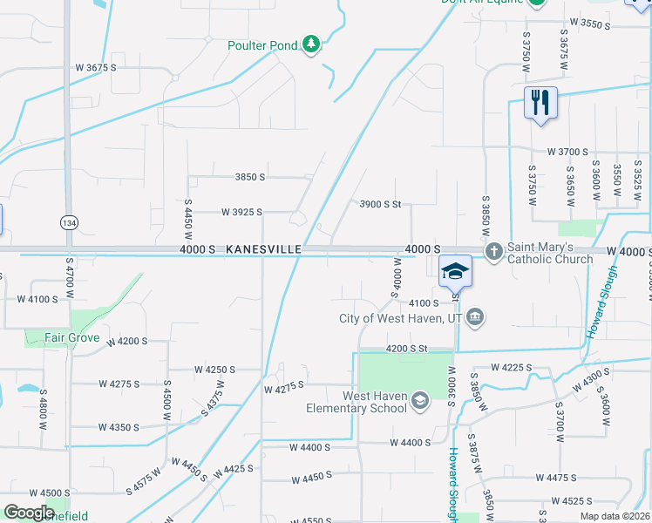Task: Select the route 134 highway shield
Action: click(x=68, y=222)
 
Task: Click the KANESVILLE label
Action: click(x=263, y=249)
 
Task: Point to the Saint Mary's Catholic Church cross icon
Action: click(x=493, y=251)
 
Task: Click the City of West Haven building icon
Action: click(x=475, y=317)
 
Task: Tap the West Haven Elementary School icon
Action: click(x=420, y=400)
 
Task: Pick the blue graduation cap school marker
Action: click(x=455, y=271)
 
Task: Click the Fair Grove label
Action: click(x=74, y=337)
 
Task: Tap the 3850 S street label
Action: click(x=249, y=177)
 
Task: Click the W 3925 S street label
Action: click(x=241, y=212)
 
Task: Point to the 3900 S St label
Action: click(x=380, y=204)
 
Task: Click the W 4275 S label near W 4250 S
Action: click(x=119, y=384)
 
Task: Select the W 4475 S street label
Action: click(x=558, y=478)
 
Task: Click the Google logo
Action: click(x=29, y=512)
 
